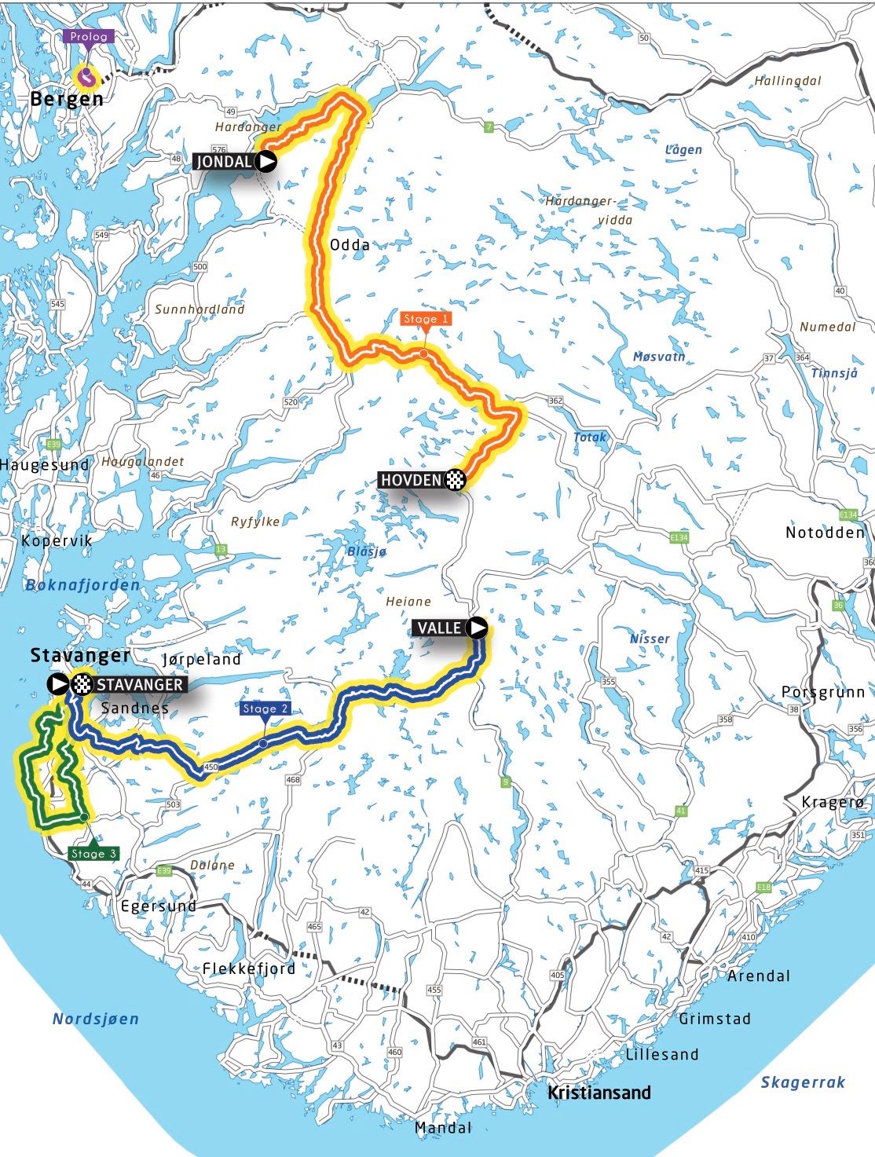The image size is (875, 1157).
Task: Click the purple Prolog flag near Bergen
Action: point(90,37)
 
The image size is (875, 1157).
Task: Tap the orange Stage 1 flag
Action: point(425,319)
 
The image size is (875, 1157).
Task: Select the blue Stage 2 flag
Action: point(265,708)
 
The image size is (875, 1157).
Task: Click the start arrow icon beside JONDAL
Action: point(267,162)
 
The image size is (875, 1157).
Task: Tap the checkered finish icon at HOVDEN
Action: point(456,479)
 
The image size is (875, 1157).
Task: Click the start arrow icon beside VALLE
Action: point(476,628)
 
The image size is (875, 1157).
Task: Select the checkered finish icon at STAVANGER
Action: point(82,684)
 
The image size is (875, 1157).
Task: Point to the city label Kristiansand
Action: point(599,1092)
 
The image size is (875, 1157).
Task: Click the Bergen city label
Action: point(67,99)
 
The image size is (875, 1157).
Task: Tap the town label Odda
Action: point(350,245)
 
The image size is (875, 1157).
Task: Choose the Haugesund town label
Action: point(46,465)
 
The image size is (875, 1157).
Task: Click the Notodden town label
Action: point(825,533)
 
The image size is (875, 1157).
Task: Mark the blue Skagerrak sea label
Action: point(802,1082)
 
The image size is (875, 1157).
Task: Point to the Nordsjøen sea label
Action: point(95,1019)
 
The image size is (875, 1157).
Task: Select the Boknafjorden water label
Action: point(82,585)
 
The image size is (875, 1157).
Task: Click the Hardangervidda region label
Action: point(589,211)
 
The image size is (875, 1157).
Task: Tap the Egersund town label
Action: point(158,906)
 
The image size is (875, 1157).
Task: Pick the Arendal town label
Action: point(759,976)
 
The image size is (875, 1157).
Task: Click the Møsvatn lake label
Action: point(659,357)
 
